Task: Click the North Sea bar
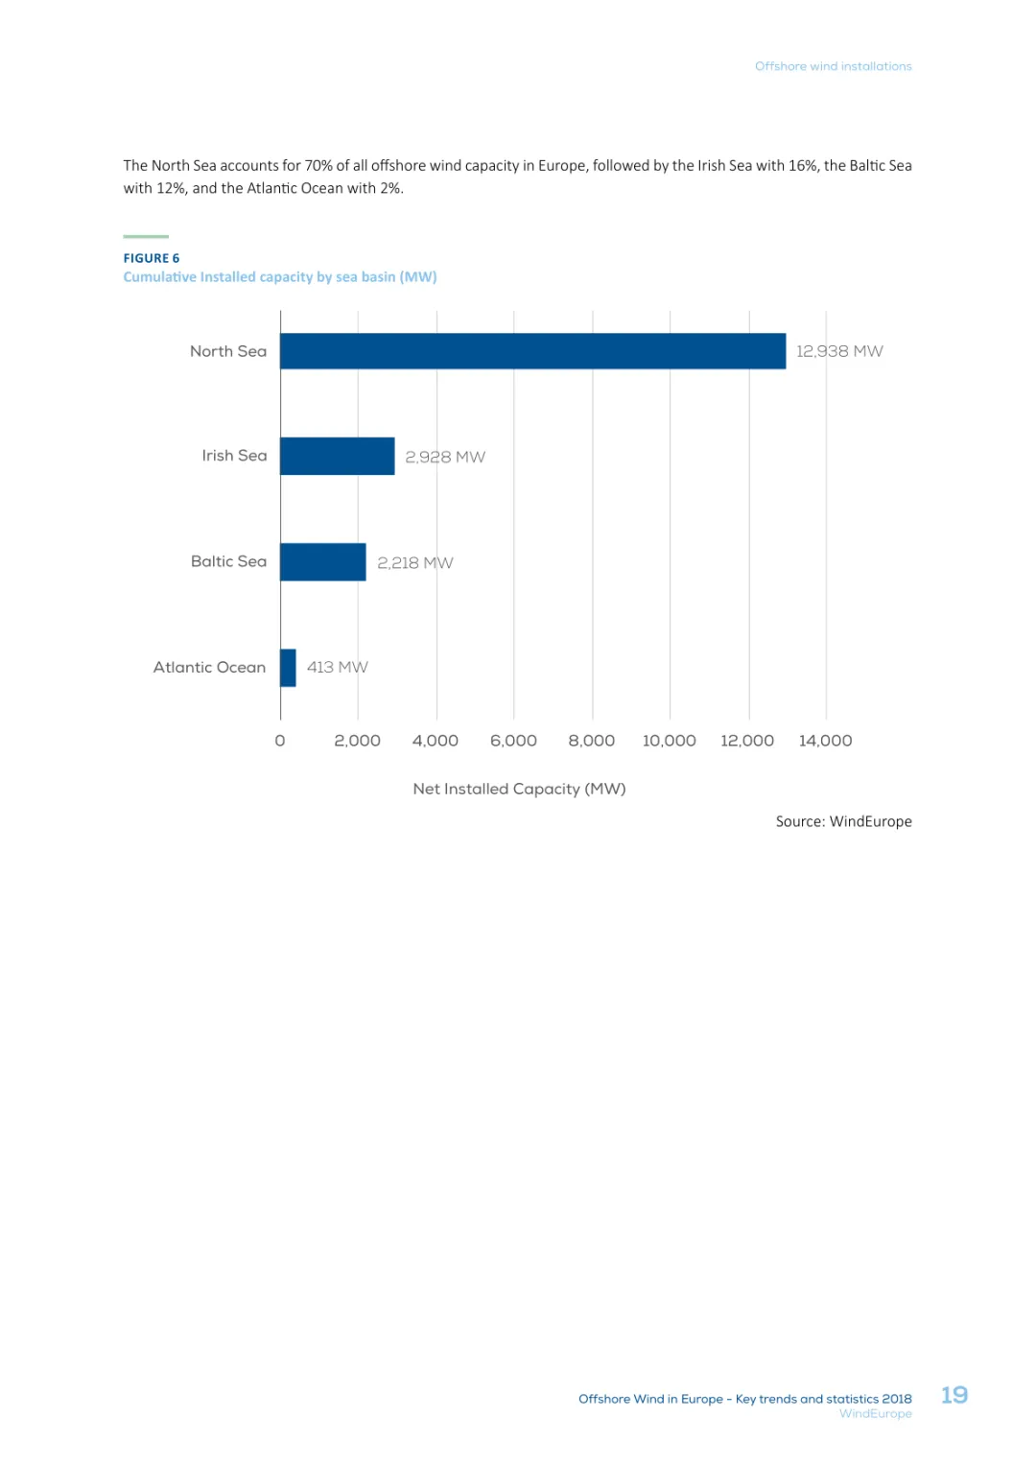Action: pos(532,351)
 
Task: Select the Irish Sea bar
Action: pos(338,457)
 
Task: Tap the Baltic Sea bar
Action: pos(323,562)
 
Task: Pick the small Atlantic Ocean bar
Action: pos(288,668)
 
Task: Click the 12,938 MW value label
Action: pos(839,351)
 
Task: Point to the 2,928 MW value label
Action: pos(445,457)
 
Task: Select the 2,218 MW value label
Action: pos(414,562)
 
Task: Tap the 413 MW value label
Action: pos(337,667)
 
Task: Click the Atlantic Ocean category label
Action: pos(209,667)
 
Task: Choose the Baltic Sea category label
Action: pos(228,561)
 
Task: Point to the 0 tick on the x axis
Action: pos(280,741)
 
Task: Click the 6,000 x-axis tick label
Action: pos(513,741)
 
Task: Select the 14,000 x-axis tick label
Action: pos(825,741)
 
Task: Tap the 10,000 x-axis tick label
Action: pos(669,741)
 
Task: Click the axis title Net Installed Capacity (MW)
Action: pos(519,789)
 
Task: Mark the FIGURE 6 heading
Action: pos(152,258)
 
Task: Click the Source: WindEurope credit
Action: pos(843,821)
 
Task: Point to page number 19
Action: pos(954,1395)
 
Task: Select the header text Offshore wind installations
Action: pos(833,66)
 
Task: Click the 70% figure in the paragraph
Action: pos(318,165)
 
